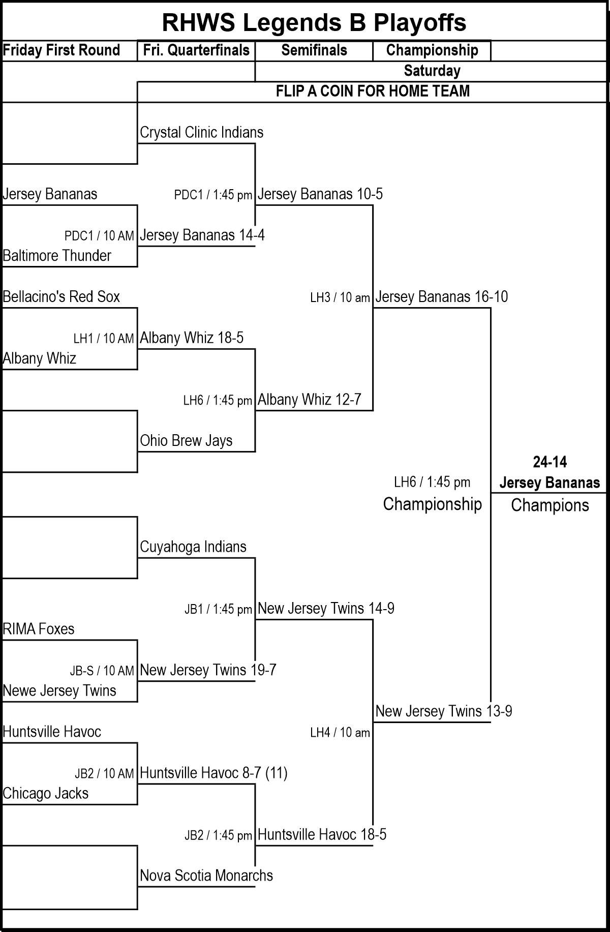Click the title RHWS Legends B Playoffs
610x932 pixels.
point(314,22)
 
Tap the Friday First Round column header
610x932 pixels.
point(62,50)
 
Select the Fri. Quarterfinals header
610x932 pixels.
point(196,50)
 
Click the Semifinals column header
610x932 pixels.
point(314,50)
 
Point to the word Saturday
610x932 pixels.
point(432,71)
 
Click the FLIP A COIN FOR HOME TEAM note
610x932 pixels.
point(373,91)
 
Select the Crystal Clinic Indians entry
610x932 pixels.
point(202,133)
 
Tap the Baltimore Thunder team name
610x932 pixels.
point(57,255)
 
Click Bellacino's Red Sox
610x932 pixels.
point(62,296)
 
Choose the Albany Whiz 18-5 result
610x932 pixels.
point(192,338)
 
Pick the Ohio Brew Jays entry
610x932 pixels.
point(186,440)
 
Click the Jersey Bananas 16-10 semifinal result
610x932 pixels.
point(441,297)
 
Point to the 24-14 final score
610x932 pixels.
point(550,462)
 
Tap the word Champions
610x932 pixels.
point(550,505)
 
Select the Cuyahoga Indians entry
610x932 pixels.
point(193,547)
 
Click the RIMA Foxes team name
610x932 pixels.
point(39,629)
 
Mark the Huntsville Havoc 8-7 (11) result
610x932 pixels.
point(213,773)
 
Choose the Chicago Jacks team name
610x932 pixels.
point(46,793)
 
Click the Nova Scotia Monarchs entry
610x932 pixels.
point(206,876)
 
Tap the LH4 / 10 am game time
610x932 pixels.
point(340,733)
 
